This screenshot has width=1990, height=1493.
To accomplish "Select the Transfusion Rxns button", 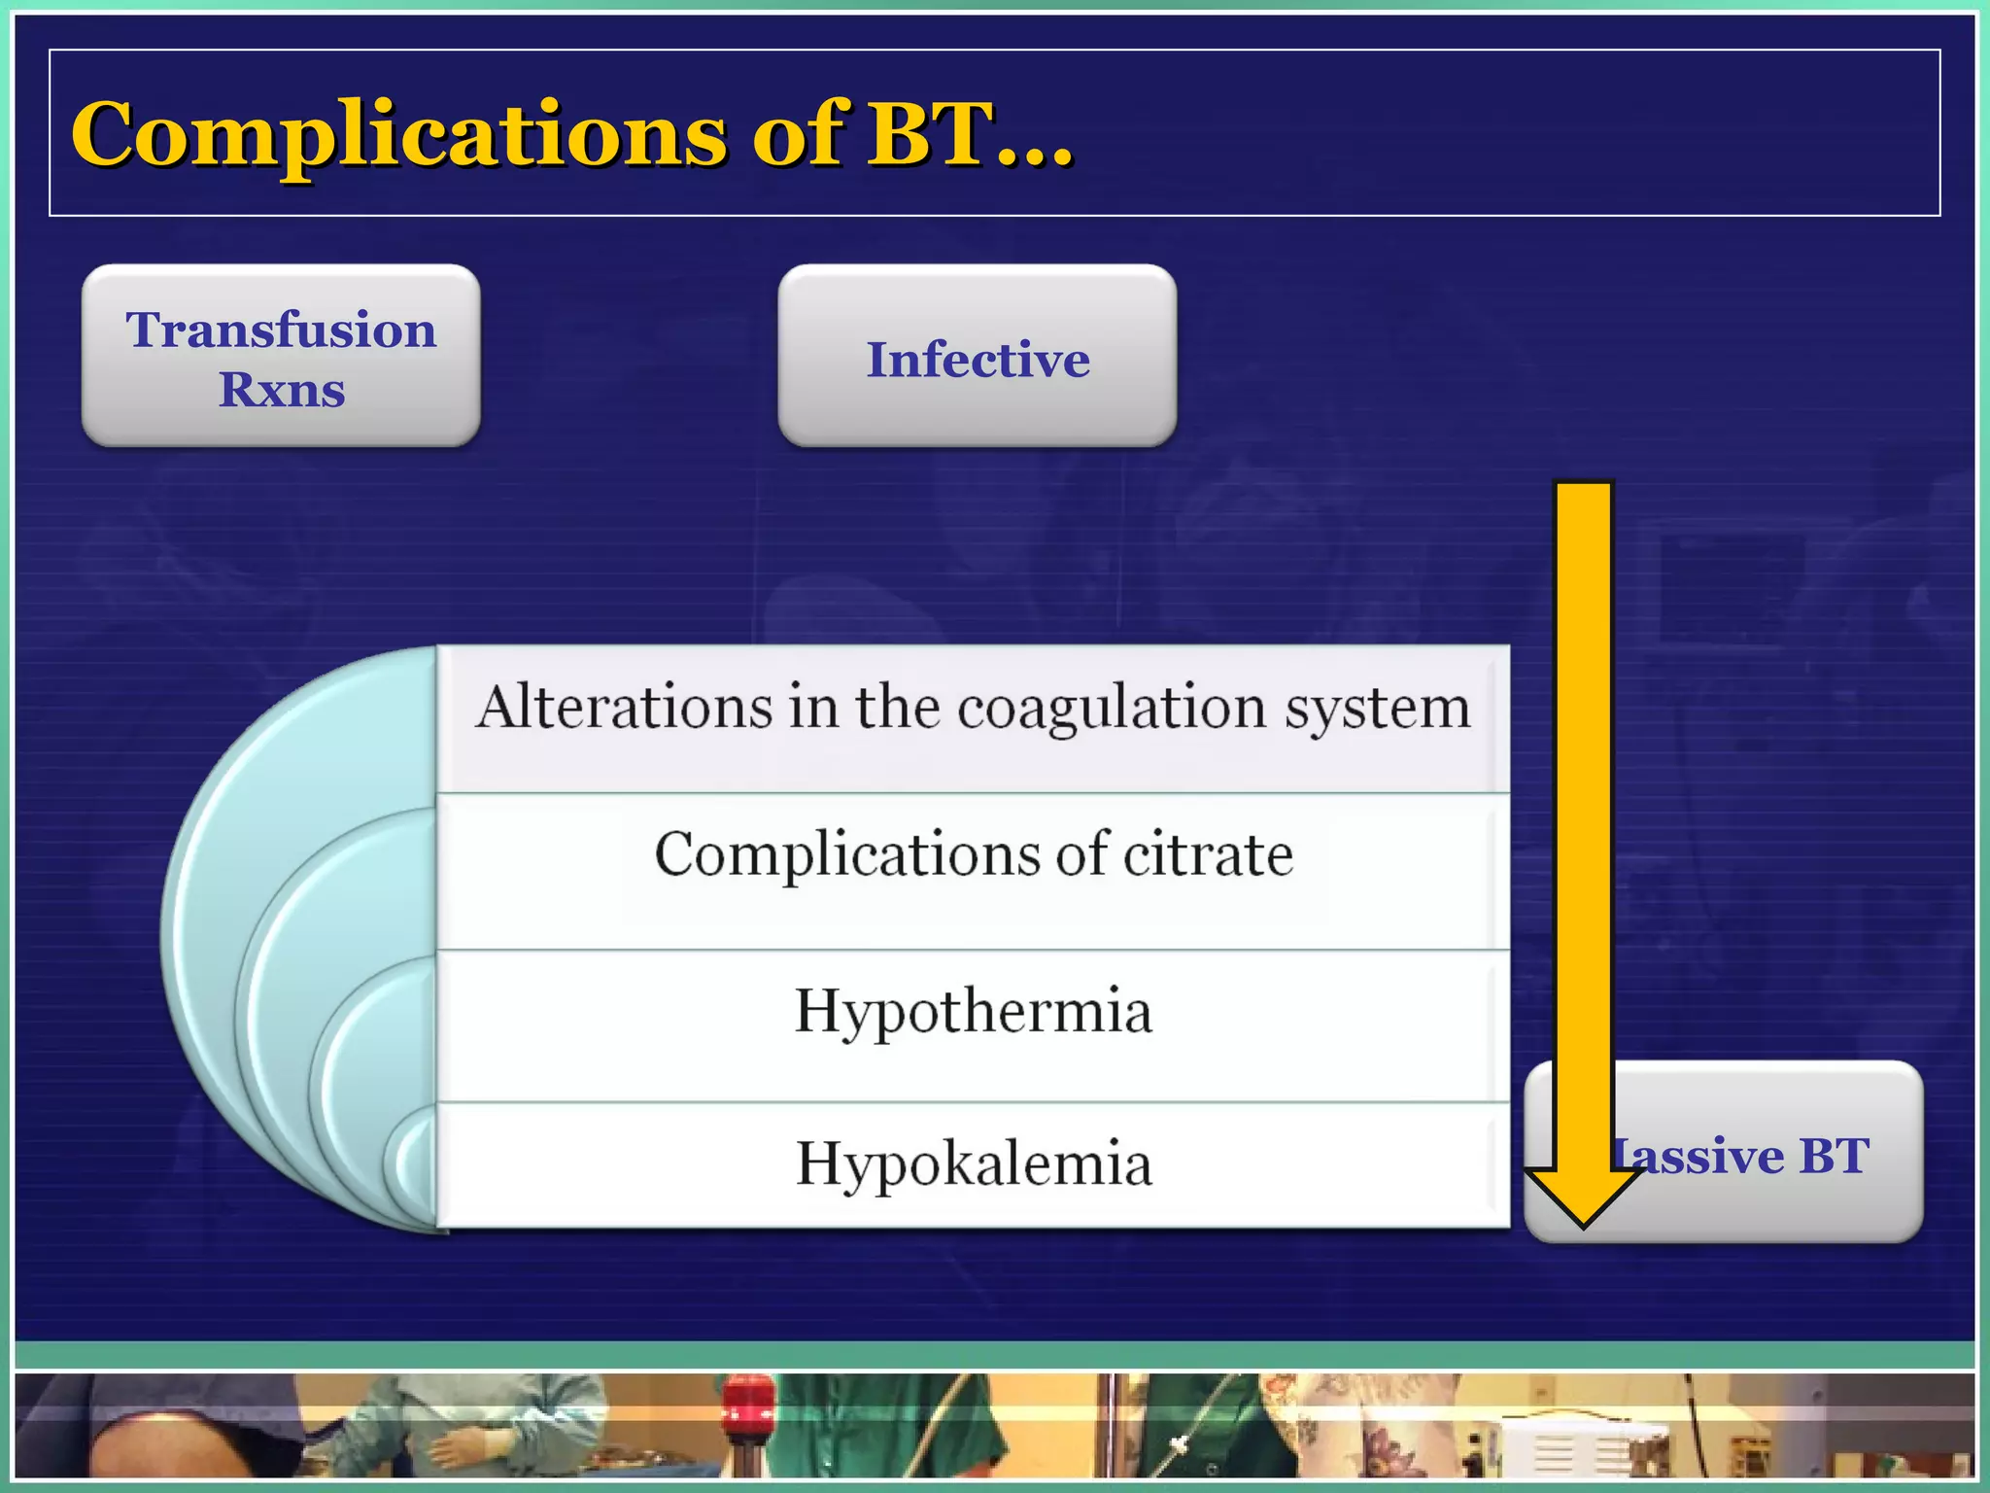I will pyautogui.click(x=281, y=356).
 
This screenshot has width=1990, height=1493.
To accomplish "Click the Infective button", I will pyautogui.click(x=977, y=356).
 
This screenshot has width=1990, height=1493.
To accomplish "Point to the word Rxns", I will pyautogui.click(x=282, y=390).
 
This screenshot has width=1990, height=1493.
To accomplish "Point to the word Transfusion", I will pyautogui.click(x=281, y=330).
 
